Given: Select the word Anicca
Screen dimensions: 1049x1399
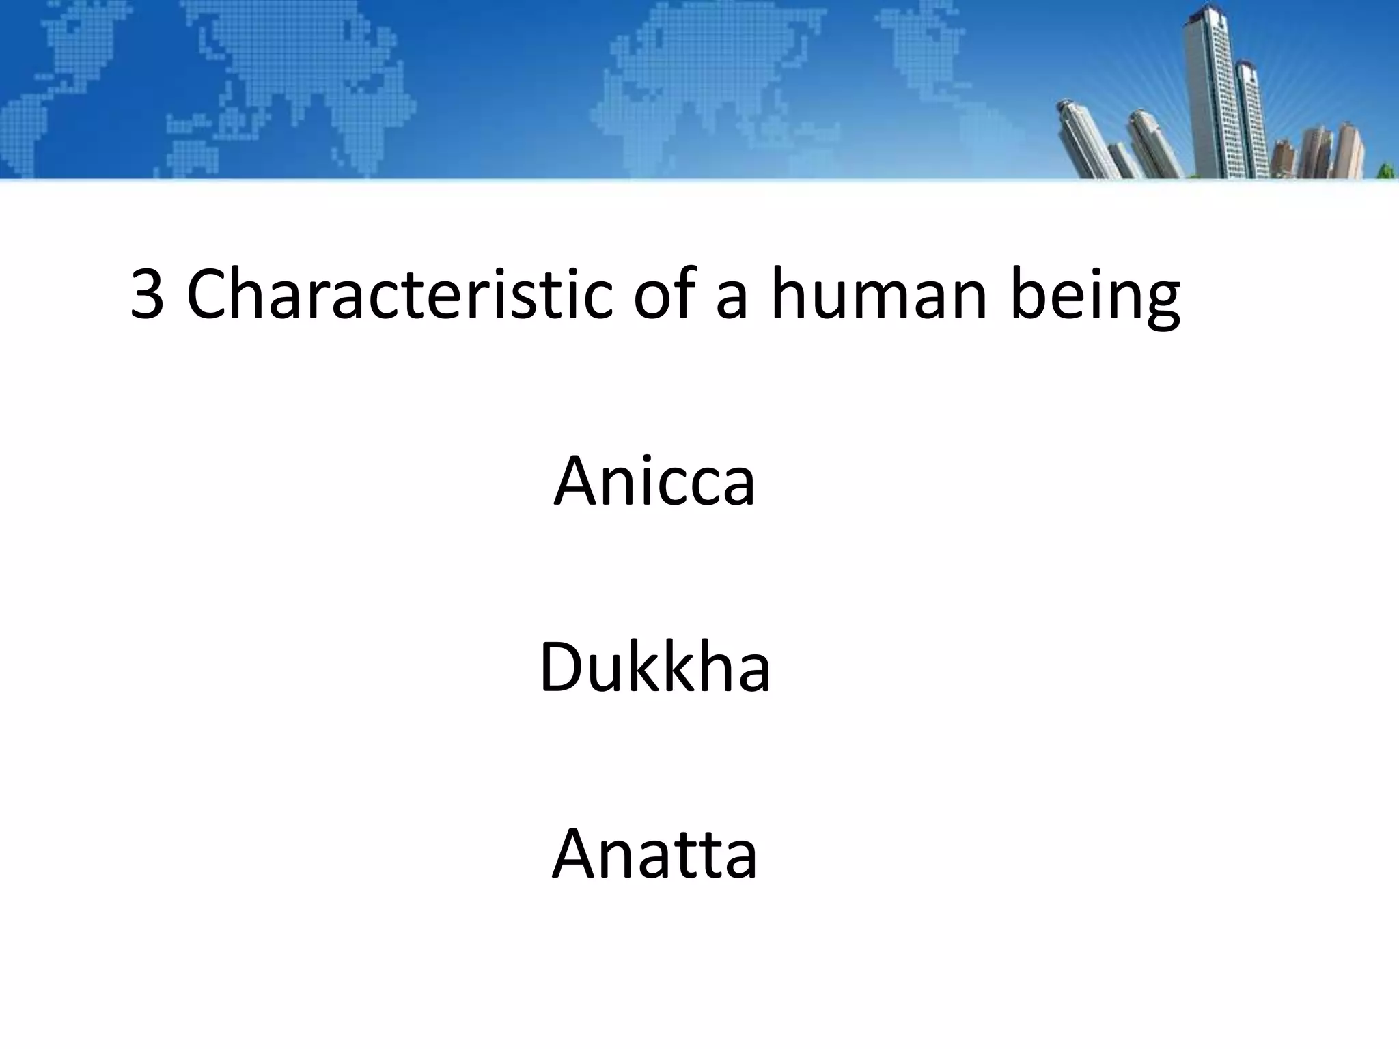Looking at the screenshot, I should coord(654,481).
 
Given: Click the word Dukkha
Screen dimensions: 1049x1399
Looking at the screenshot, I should coord(654,667).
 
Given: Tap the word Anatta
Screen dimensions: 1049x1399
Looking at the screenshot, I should coord(654,854).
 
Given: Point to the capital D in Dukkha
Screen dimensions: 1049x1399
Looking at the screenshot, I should coord(562,667).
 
